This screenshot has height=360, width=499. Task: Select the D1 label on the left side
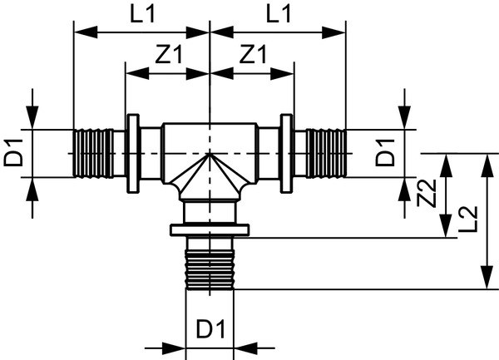[x=15, y=154]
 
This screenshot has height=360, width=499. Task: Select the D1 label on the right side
[x=385, y=154]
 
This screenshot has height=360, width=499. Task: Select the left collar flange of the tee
[x=132, y=153]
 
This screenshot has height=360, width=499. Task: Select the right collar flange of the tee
[x=287, y=153]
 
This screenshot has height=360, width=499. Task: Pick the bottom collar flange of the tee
[x=209, y=229]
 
